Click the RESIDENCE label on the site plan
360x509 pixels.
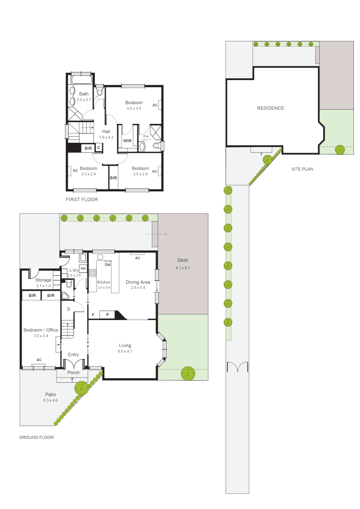point(270,108)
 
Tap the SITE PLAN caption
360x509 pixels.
point(302,169)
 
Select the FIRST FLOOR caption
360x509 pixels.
point(82,200)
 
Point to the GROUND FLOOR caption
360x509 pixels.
point(36,437)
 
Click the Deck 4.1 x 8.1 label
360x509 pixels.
point(182,264)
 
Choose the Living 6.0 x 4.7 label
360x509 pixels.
point(125,348)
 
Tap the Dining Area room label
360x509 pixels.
point(138,282)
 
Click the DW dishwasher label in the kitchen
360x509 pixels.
point(107,264)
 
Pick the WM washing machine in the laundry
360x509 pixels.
point(82,268)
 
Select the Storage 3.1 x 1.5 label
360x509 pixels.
point(43,283)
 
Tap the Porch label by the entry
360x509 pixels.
point(74,372)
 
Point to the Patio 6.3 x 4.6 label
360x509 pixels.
point(51,397)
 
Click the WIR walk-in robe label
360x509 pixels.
point(127,140)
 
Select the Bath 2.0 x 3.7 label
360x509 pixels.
point(83,97)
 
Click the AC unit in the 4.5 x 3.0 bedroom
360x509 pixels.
point(155,105)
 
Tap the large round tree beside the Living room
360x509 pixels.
point(188,373)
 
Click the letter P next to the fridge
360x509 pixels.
point(107,314)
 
